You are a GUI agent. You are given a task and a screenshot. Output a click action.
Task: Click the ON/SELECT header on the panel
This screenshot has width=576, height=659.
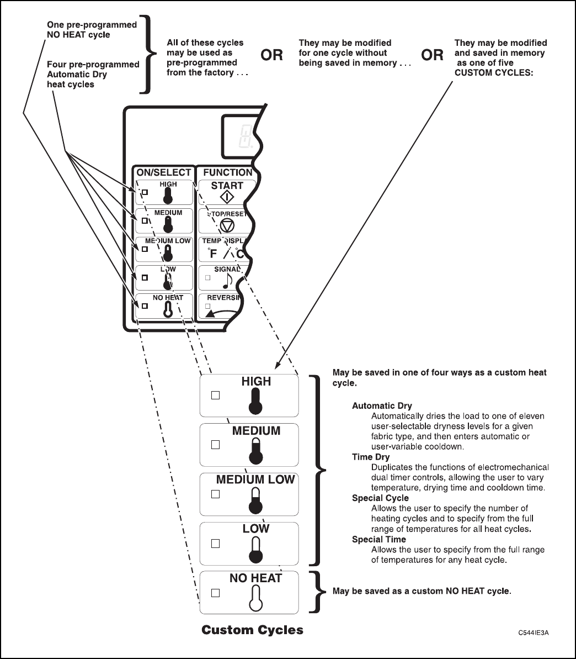click(164, 173)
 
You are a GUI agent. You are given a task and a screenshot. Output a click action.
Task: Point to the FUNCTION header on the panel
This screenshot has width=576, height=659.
click(227, 173)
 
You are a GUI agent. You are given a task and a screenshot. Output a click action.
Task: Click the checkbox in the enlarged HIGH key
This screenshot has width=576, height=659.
click(216, 395)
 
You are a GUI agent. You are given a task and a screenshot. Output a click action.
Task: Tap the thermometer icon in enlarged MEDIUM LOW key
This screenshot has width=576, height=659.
click(255, 499)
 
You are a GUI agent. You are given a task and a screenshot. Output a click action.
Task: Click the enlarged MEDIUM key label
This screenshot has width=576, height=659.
click(256, 431)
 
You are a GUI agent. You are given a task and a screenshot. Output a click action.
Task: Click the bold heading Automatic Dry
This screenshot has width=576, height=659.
click(382, 406)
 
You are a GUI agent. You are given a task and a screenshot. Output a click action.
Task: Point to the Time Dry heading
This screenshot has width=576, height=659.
click(371, 457)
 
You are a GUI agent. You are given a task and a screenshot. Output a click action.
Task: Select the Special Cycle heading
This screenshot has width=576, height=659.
click(380, 498)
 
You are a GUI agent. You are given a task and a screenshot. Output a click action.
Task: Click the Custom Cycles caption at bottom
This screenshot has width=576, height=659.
click(252, 630)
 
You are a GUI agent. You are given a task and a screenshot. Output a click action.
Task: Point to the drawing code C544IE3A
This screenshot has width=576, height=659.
click(533, 632)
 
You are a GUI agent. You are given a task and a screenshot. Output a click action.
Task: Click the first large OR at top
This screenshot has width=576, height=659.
click(271, 55)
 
